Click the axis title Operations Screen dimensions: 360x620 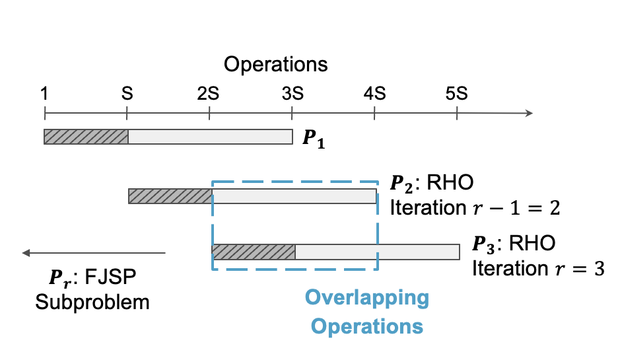(275, 65)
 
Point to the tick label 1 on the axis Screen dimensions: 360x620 (44, 93)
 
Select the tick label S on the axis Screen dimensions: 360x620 (127, 93)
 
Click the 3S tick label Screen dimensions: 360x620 (291, 93)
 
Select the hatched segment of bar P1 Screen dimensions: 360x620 (86, 137)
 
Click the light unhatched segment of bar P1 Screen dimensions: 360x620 (210, 137)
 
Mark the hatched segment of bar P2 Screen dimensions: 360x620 (170, 196)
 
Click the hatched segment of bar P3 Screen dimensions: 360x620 (253, 252)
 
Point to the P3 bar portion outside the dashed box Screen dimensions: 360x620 (418, 252)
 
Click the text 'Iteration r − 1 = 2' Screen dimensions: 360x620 (475, 207)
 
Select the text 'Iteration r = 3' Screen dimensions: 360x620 (537, 268)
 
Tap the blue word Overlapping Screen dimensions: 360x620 (366, 298)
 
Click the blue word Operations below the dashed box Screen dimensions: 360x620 (366, 326)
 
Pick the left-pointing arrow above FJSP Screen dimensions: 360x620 (92, 252)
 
